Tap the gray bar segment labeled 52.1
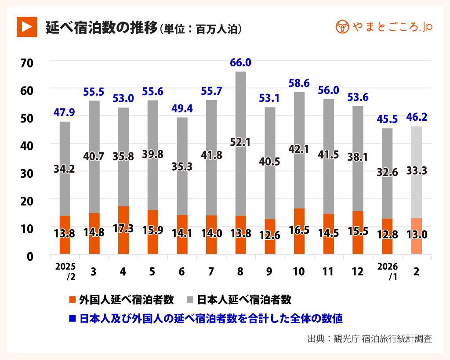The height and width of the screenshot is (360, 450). [240, 142]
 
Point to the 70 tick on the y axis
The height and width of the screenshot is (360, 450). [27, 63]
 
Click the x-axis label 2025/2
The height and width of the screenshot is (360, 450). [65, 271]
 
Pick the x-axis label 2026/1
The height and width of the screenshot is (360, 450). [387, 271]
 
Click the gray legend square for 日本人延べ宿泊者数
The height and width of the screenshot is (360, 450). [190, 300]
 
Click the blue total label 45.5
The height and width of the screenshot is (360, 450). [387, 119]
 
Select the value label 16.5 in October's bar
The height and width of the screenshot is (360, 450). [299, 230]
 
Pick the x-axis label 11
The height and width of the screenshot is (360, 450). [328, 272]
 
